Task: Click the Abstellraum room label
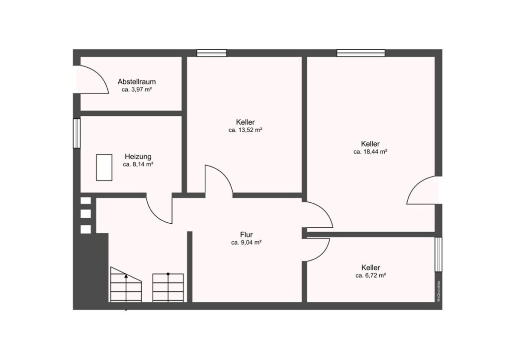(137, 82)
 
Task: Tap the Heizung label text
(138, 157)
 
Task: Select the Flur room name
(247, 234)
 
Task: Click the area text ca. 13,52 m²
(245, 130)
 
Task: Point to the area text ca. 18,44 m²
(370, 152)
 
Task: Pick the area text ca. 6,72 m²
(370, 275)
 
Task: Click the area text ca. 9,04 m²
(247, 243)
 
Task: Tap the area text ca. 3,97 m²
(137, 90)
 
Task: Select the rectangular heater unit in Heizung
(104, 168)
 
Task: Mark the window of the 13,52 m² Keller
(212, 53)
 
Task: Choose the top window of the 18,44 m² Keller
(361, 53)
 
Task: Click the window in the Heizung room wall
(77, 133)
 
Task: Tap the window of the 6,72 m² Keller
(438, 254)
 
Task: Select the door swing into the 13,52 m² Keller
(224, 175)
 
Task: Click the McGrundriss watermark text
(438, 291)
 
